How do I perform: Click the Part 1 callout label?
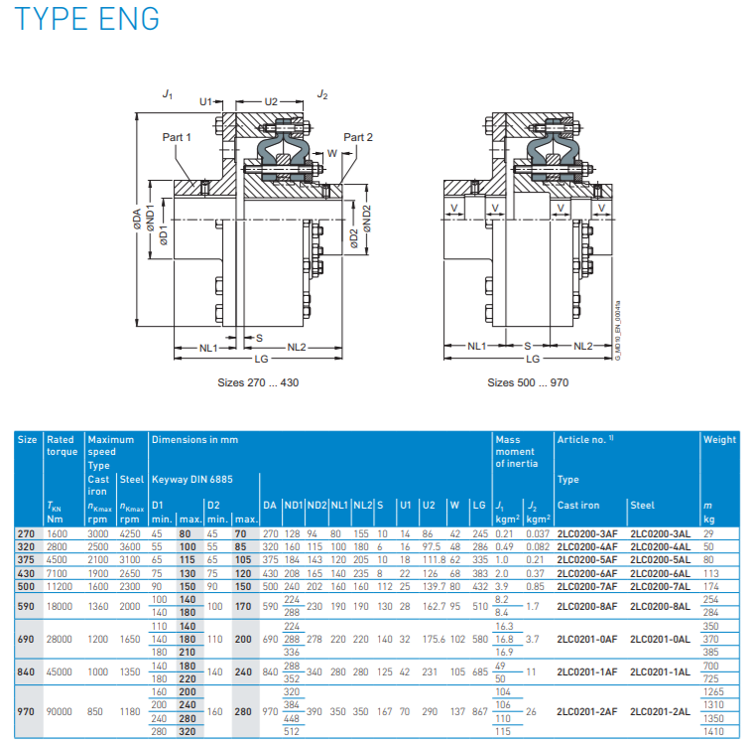point(176,136)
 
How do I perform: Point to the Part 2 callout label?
point(358,136)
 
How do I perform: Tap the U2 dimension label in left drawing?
point(271,100)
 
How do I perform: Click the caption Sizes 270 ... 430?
point(258,381)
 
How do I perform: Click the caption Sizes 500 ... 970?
point(527,381)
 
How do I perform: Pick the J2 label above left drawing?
point(322,93)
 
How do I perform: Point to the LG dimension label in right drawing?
point(532,359)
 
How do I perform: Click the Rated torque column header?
point(62,445)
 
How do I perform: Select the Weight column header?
point(719,439)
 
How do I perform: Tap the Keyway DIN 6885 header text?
point(191,478)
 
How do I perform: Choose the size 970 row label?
point(27,711)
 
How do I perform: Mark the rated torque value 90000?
point(62,711)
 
